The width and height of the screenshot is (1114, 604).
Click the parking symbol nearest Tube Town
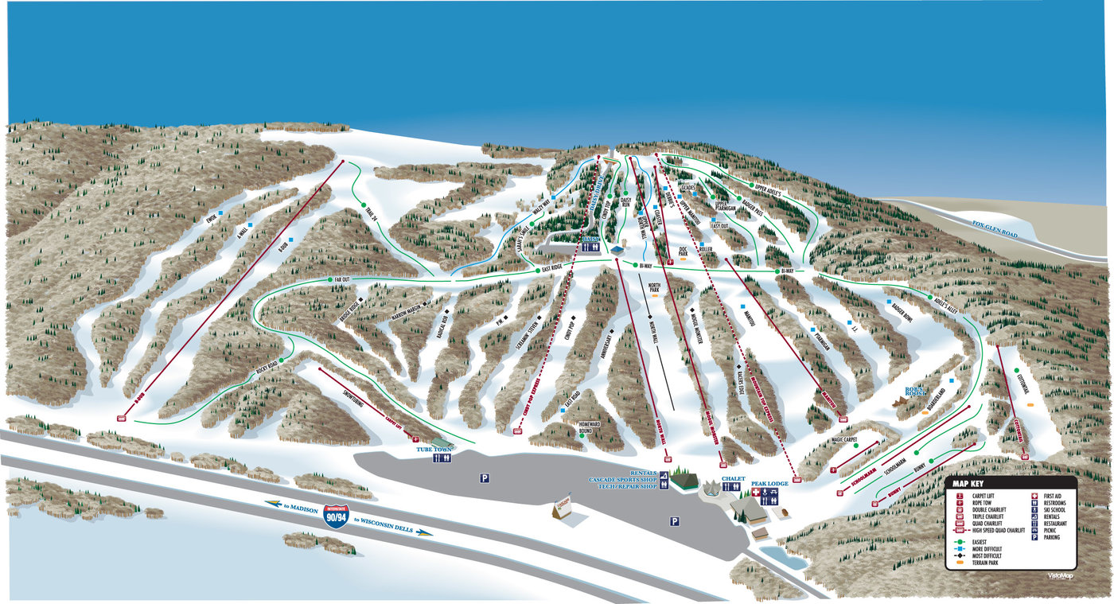[x=483, y=477]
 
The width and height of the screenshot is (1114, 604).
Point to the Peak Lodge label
[x=767, y=483]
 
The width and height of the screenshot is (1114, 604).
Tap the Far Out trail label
[x=342, y=280]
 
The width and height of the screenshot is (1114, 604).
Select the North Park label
[x=654, y=288]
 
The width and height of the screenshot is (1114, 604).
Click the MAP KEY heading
[x=971, y=483]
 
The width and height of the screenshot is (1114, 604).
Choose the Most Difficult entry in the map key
[x=987, y=555]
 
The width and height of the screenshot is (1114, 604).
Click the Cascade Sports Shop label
[x=622, y=480]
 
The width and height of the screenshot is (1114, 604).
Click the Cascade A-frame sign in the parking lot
[x=563, y=510]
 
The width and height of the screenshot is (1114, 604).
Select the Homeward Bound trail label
[x=590, y=427]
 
